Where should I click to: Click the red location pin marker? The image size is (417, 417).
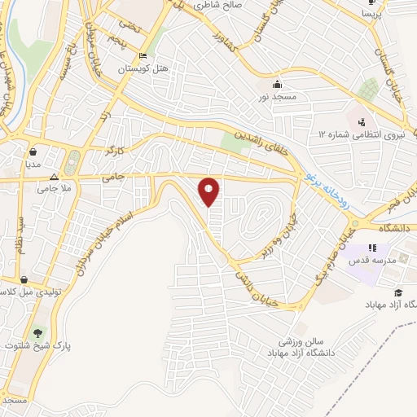coord(209,191)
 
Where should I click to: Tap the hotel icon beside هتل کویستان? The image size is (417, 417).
coord(143,56)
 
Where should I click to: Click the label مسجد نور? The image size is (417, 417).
coord(277,98)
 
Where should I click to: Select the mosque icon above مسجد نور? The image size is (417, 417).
coord(277,85)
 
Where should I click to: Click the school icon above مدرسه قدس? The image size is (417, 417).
coord(372,248)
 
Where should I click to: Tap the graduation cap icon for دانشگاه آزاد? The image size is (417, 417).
coord(397,293)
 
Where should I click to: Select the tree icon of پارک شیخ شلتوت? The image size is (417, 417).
coord(36,332)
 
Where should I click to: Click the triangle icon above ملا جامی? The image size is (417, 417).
coord(54,177)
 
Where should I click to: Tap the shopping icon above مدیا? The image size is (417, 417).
coord(33,151)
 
